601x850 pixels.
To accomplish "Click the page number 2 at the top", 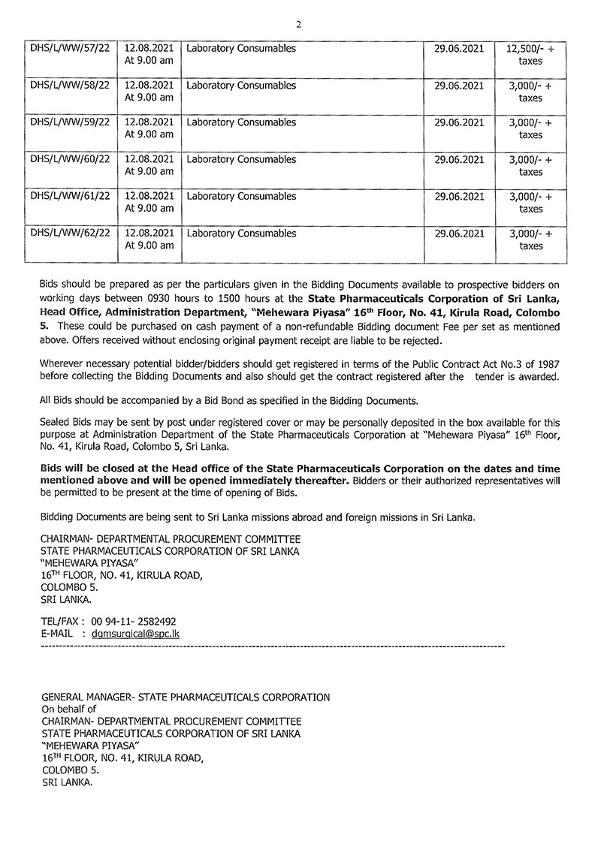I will click(x=299, y=24).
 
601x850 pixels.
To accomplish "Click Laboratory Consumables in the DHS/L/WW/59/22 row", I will click(x=241, y=122).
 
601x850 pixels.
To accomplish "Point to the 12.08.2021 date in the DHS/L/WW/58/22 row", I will click(x=149, y=86).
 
